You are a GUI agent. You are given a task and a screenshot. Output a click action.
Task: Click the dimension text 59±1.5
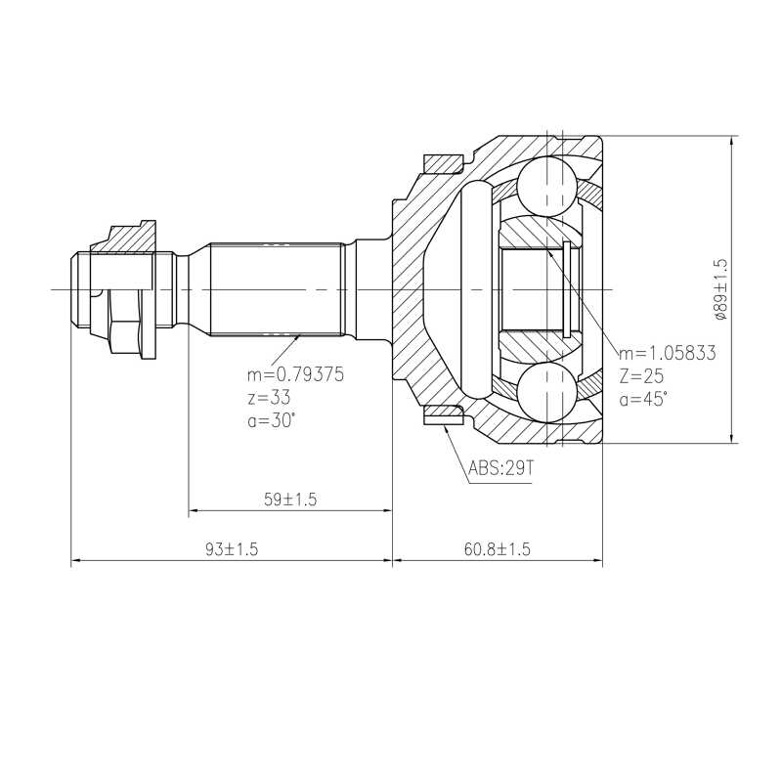coord(290,500)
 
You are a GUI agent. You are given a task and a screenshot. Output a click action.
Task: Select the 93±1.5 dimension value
coord(232,549)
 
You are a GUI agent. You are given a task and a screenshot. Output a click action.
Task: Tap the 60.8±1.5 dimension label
coord(498,549)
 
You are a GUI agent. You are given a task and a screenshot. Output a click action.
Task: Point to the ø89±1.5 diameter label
coord(721,289)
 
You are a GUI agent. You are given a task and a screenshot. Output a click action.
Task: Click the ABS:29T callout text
coord(500,468)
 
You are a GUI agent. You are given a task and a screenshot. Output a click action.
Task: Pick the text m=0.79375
coord(296,374)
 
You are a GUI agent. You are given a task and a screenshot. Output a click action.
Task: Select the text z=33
coord(269,398)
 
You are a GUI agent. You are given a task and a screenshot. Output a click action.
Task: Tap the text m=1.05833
coord(668,353)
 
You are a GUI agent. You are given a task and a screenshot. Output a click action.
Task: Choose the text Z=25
coord(642,376)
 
